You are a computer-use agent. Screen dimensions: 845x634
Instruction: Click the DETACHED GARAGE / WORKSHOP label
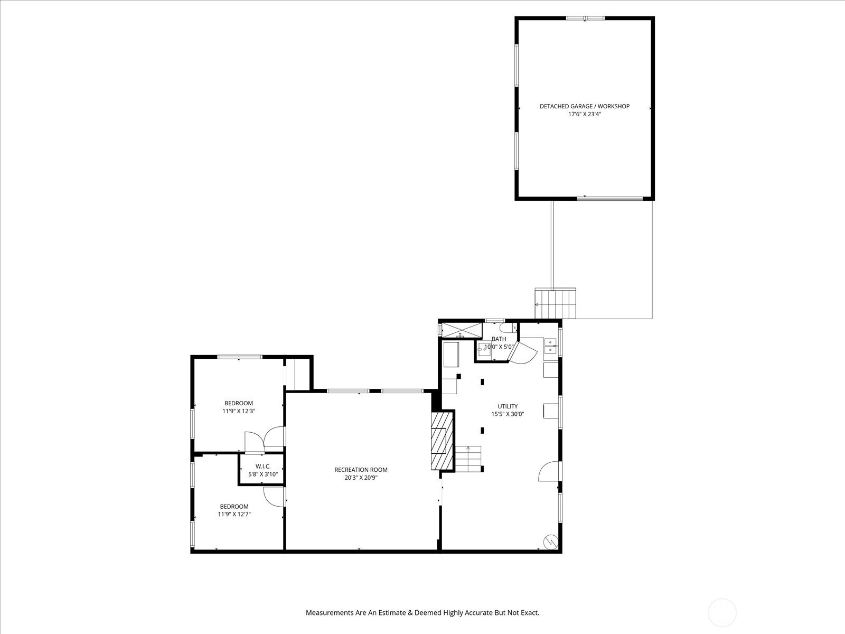pyautogui.click(x=585, y=106)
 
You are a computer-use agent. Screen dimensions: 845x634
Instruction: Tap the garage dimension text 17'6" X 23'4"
pyautogui.click(x=585, y=114)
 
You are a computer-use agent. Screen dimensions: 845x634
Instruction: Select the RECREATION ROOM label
pyautogui.click(x=361, y=470)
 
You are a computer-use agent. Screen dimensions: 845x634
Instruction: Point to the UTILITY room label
pyautogui.click(x=508, y=406)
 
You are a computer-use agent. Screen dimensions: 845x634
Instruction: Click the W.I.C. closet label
pyautogui.click(x=263, y=467)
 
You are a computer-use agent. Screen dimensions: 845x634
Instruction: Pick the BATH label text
pyautogui.click(x=499, y=339)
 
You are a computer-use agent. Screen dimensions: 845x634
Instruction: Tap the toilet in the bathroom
pyautogui.click(x=508, y=328)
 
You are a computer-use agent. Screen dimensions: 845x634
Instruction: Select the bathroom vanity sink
pyautogui.click(x=484, y=350)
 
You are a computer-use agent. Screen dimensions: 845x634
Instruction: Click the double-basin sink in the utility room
pyautogui.click(x=550, y=346)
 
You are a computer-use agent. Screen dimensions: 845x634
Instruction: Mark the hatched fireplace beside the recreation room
pyautogui.click(x=442, y=441)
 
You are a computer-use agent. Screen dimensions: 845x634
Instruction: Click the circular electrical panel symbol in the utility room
pyautogui.click(x=551, y=542)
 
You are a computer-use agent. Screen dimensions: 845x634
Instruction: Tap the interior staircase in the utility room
pyautogui.click(x=468, y=459)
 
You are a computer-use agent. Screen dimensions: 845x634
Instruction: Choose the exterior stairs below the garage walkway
pyautogui.click(x=555, y=304)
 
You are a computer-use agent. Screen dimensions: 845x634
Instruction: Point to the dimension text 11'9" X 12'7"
pyautogui.click(x=234, y=514)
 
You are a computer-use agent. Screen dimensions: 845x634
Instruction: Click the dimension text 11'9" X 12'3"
pyautogui.click(x=239, y=411)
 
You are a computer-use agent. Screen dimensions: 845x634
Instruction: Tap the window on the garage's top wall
pyautogui.click(x=585, y=18)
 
